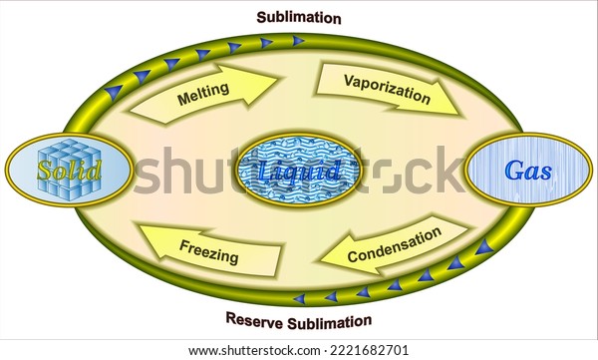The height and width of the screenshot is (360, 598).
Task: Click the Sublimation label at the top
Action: [299, 17]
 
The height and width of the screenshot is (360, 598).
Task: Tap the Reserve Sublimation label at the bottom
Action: [299, 321]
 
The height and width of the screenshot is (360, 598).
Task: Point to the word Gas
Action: [528, 171]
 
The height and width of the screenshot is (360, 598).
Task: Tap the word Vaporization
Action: [387, 88]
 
